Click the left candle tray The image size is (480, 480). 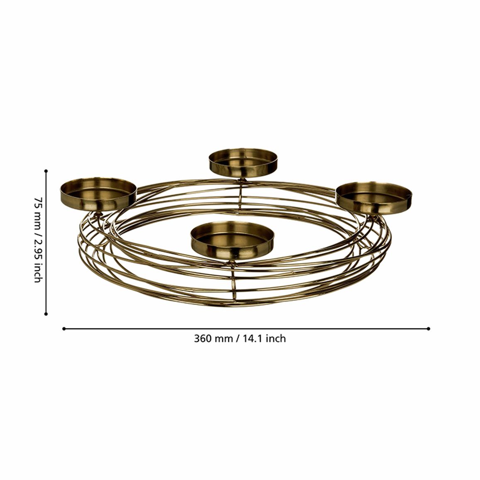click(x=98, y=194)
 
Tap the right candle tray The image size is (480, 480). click(x=374, y=198)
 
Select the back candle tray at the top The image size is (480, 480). click(x=243, y=163)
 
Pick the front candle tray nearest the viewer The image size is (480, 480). click(x=233, y=240)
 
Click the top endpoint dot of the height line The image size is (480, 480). click(x=46, y=171)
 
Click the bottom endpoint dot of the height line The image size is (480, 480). click(x=46, y=314)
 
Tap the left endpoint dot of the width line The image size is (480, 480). click(x=64, y=329)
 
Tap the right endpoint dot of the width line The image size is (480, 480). click(x=428, y=329)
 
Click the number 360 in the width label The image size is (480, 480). click(x=203, y=338)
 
